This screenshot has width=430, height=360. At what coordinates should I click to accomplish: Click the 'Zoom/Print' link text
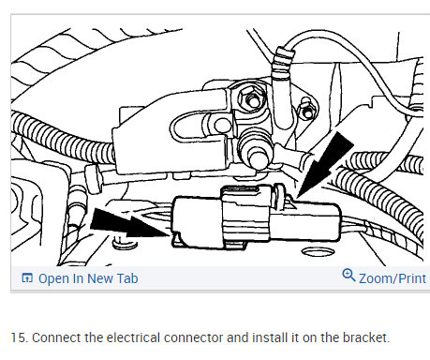(393, 278)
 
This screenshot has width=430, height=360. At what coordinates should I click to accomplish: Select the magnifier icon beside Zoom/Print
(348, 277)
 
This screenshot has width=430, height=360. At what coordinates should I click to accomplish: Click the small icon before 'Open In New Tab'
(26, 278)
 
